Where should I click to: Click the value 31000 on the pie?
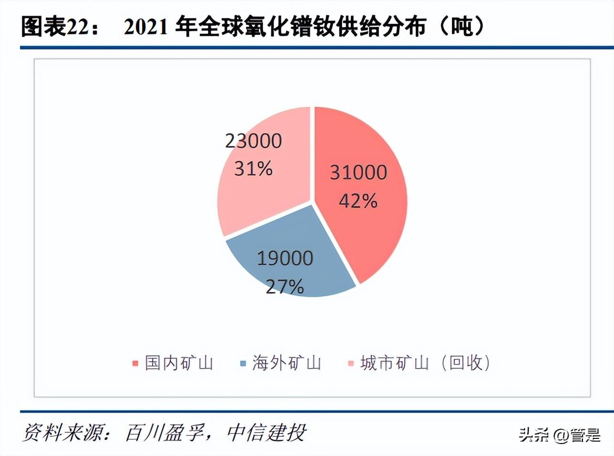coord(358,172)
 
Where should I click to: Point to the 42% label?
coord(358,201)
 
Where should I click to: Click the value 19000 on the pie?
coord(285,258)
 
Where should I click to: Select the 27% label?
coord(285,287)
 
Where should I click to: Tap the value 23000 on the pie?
coord(254,141)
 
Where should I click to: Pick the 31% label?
coord(253,168)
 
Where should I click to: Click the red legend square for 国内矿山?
coord(135,363)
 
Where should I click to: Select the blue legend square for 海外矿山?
coord(243,363)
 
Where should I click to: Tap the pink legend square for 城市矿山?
coord(351,363)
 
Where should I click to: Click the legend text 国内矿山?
coord(179,363)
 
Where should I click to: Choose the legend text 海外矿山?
coord(287,363)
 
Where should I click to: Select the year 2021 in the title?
coord(145,27)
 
